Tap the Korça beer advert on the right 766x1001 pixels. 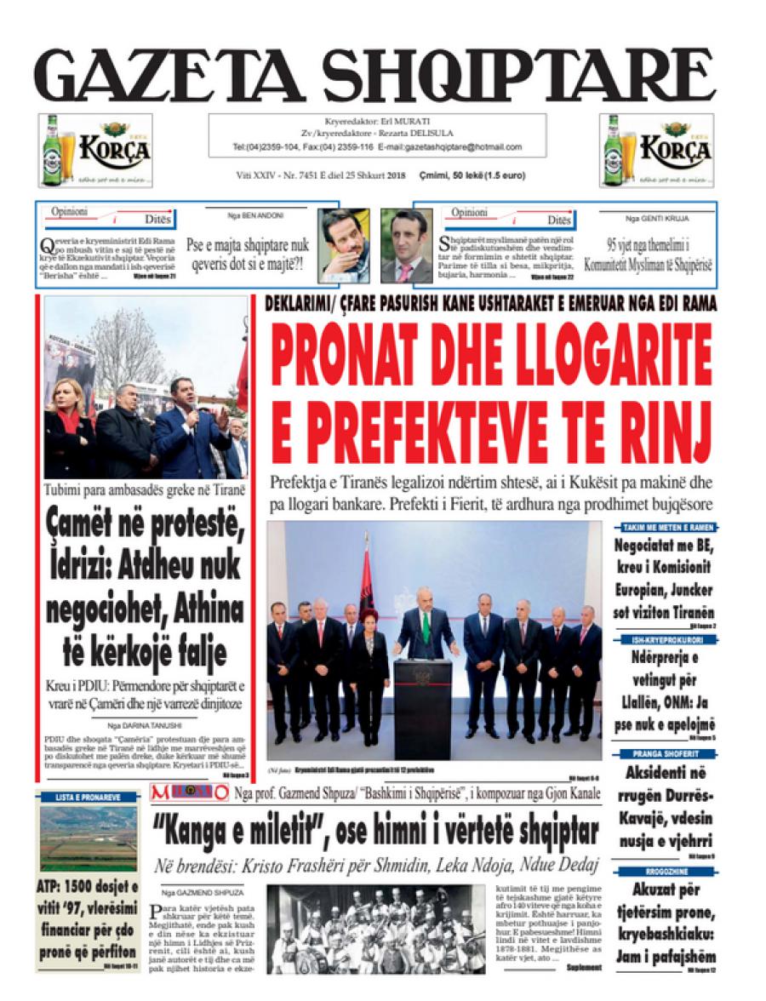(656, 151)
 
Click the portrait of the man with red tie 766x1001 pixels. (406, 246)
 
